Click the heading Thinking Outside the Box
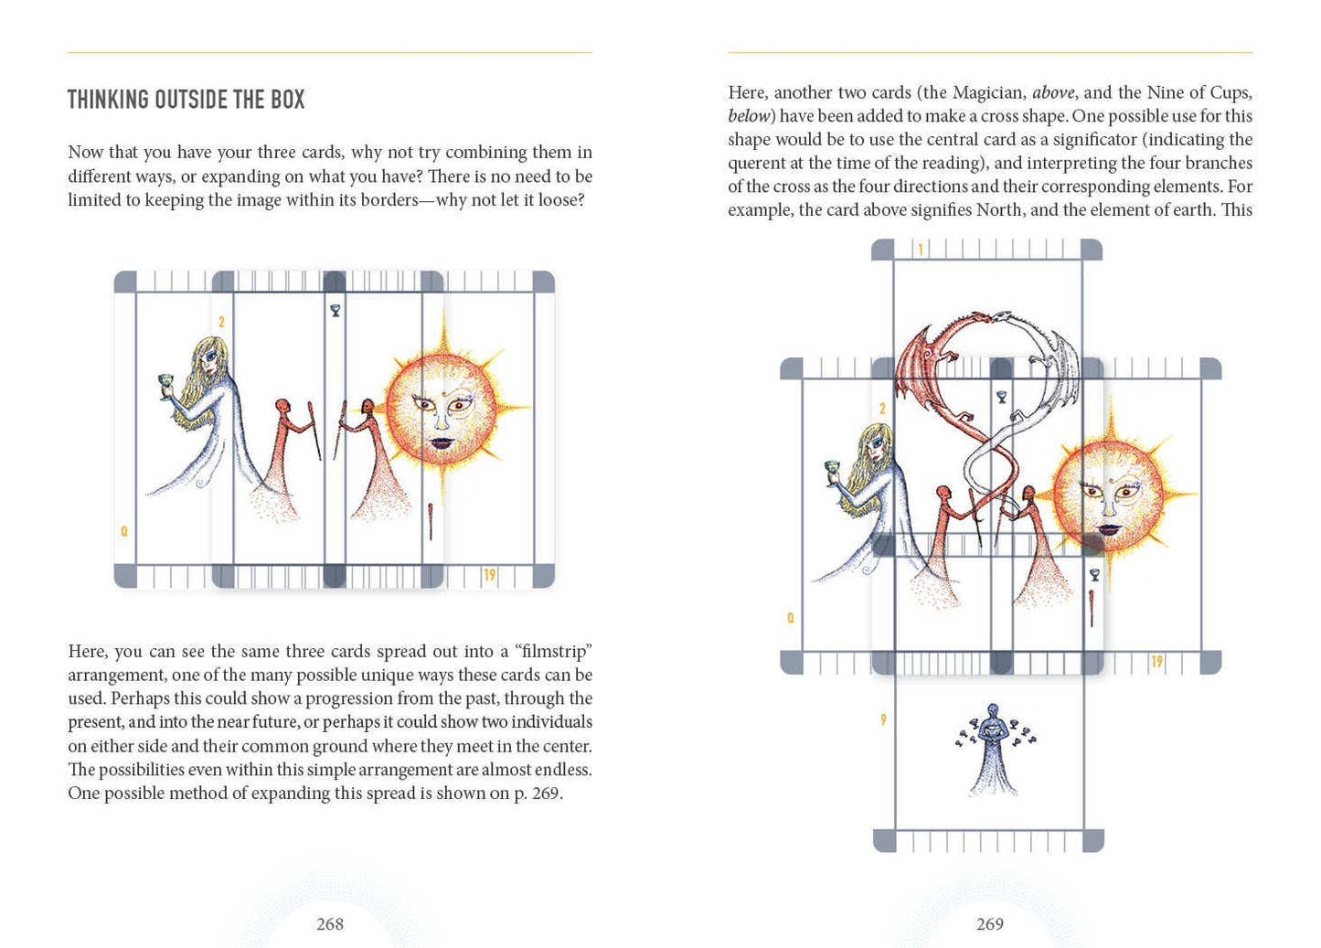click(186, 100)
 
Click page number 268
click(329, 924)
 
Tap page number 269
click(989, 924)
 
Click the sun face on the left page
click(442, 408)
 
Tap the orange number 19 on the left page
click(489, 575)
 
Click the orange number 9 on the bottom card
click(883, 719)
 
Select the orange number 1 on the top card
click(921, 250)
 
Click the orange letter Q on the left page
click(124, 531)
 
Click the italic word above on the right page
click(1053, 92)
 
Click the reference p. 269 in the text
click(535, 793)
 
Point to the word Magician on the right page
click(988, 92)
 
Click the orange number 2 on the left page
click(221, 322)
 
